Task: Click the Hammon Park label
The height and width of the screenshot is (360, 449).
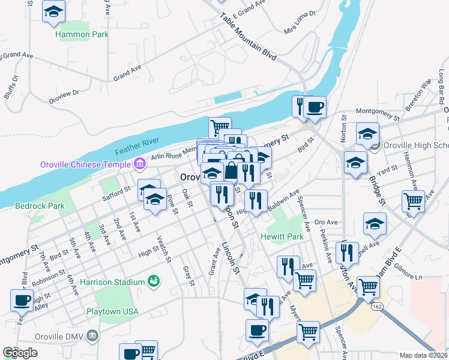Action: (x=82, y=35)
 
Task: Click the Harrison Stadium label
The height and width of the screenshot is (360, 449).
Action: (x=112, y=282)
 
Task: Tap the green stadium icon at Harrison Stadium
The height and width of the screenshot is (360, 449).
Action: (x=154, y=281)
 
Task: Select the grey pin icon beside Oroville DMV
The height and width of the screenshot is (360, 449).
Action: (x=93, y=334)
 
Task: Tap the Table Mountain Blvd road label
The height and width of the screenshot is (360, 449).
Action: (x=248, y=37)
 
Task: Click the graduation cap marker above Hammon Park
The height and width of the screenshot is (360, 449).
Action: (x=54, y=11)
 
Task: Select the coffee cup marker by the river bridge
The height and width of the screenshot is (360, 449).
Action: (x=315, y=107)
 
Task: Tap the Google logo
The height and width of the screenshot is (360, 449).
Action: (x=20, y=353)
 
